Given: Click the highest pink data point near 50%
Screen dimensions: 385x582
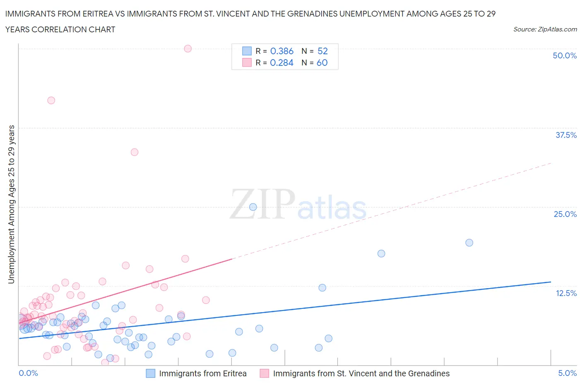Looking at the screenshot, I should [x=188, y=48].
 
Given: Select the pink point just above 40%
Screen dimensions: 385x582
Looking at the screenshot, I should [x=51, y=100].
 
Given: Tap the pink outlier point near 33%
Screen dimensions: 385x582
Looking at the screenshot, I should [x=134, y=152].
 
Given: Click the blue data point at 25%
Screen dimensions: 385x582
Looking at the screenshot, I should [x=253, y=207].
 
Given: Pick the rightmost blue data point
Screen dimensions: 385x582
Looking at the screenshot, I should [x=469, y=243].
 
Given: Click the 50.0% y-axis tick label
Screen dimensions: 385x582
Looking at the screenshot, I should [x=564, y=55].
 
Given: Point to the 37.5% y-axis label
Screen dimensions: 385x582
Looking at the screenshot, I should [x=565, y=135].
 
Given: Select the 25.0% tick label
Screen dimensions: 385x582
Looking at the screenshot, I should [x=565, y=214].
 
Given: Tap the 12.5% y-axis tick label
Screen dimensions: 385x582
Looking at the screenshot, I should [x=565, y=293].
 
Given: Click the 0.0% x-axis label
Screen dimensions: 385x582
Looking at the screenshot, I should [x=28, y=373].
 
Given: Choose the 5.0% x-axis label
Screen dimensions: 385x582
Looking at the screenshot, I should [x=567, y=373].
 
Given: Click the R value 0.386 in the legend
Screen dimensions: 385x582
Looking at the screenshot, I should [x=281, y=51].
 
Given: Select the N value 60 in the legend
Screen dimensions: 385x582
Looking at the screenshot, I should [x=322, y=63].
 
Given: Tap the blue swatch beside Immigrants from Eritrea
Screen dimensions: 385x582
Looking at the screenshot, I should [x=151, y=373].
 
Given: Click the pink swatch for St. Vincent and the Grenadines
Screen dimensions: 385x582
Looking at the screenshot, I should [x=264, y=373].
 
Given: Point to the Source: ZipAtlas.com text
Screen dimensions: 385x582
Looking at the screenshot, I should [x=545, y=29].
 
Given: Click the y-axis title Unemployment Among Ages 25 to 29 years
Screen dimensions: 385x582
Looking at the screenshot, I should [x=11, y=204].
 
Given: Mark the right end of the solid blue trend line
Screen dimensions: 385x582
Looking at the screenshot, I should [x=551, y=282].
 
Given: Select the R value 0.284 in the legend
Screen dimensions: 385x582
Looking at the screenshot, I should [x=281, y=63].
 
